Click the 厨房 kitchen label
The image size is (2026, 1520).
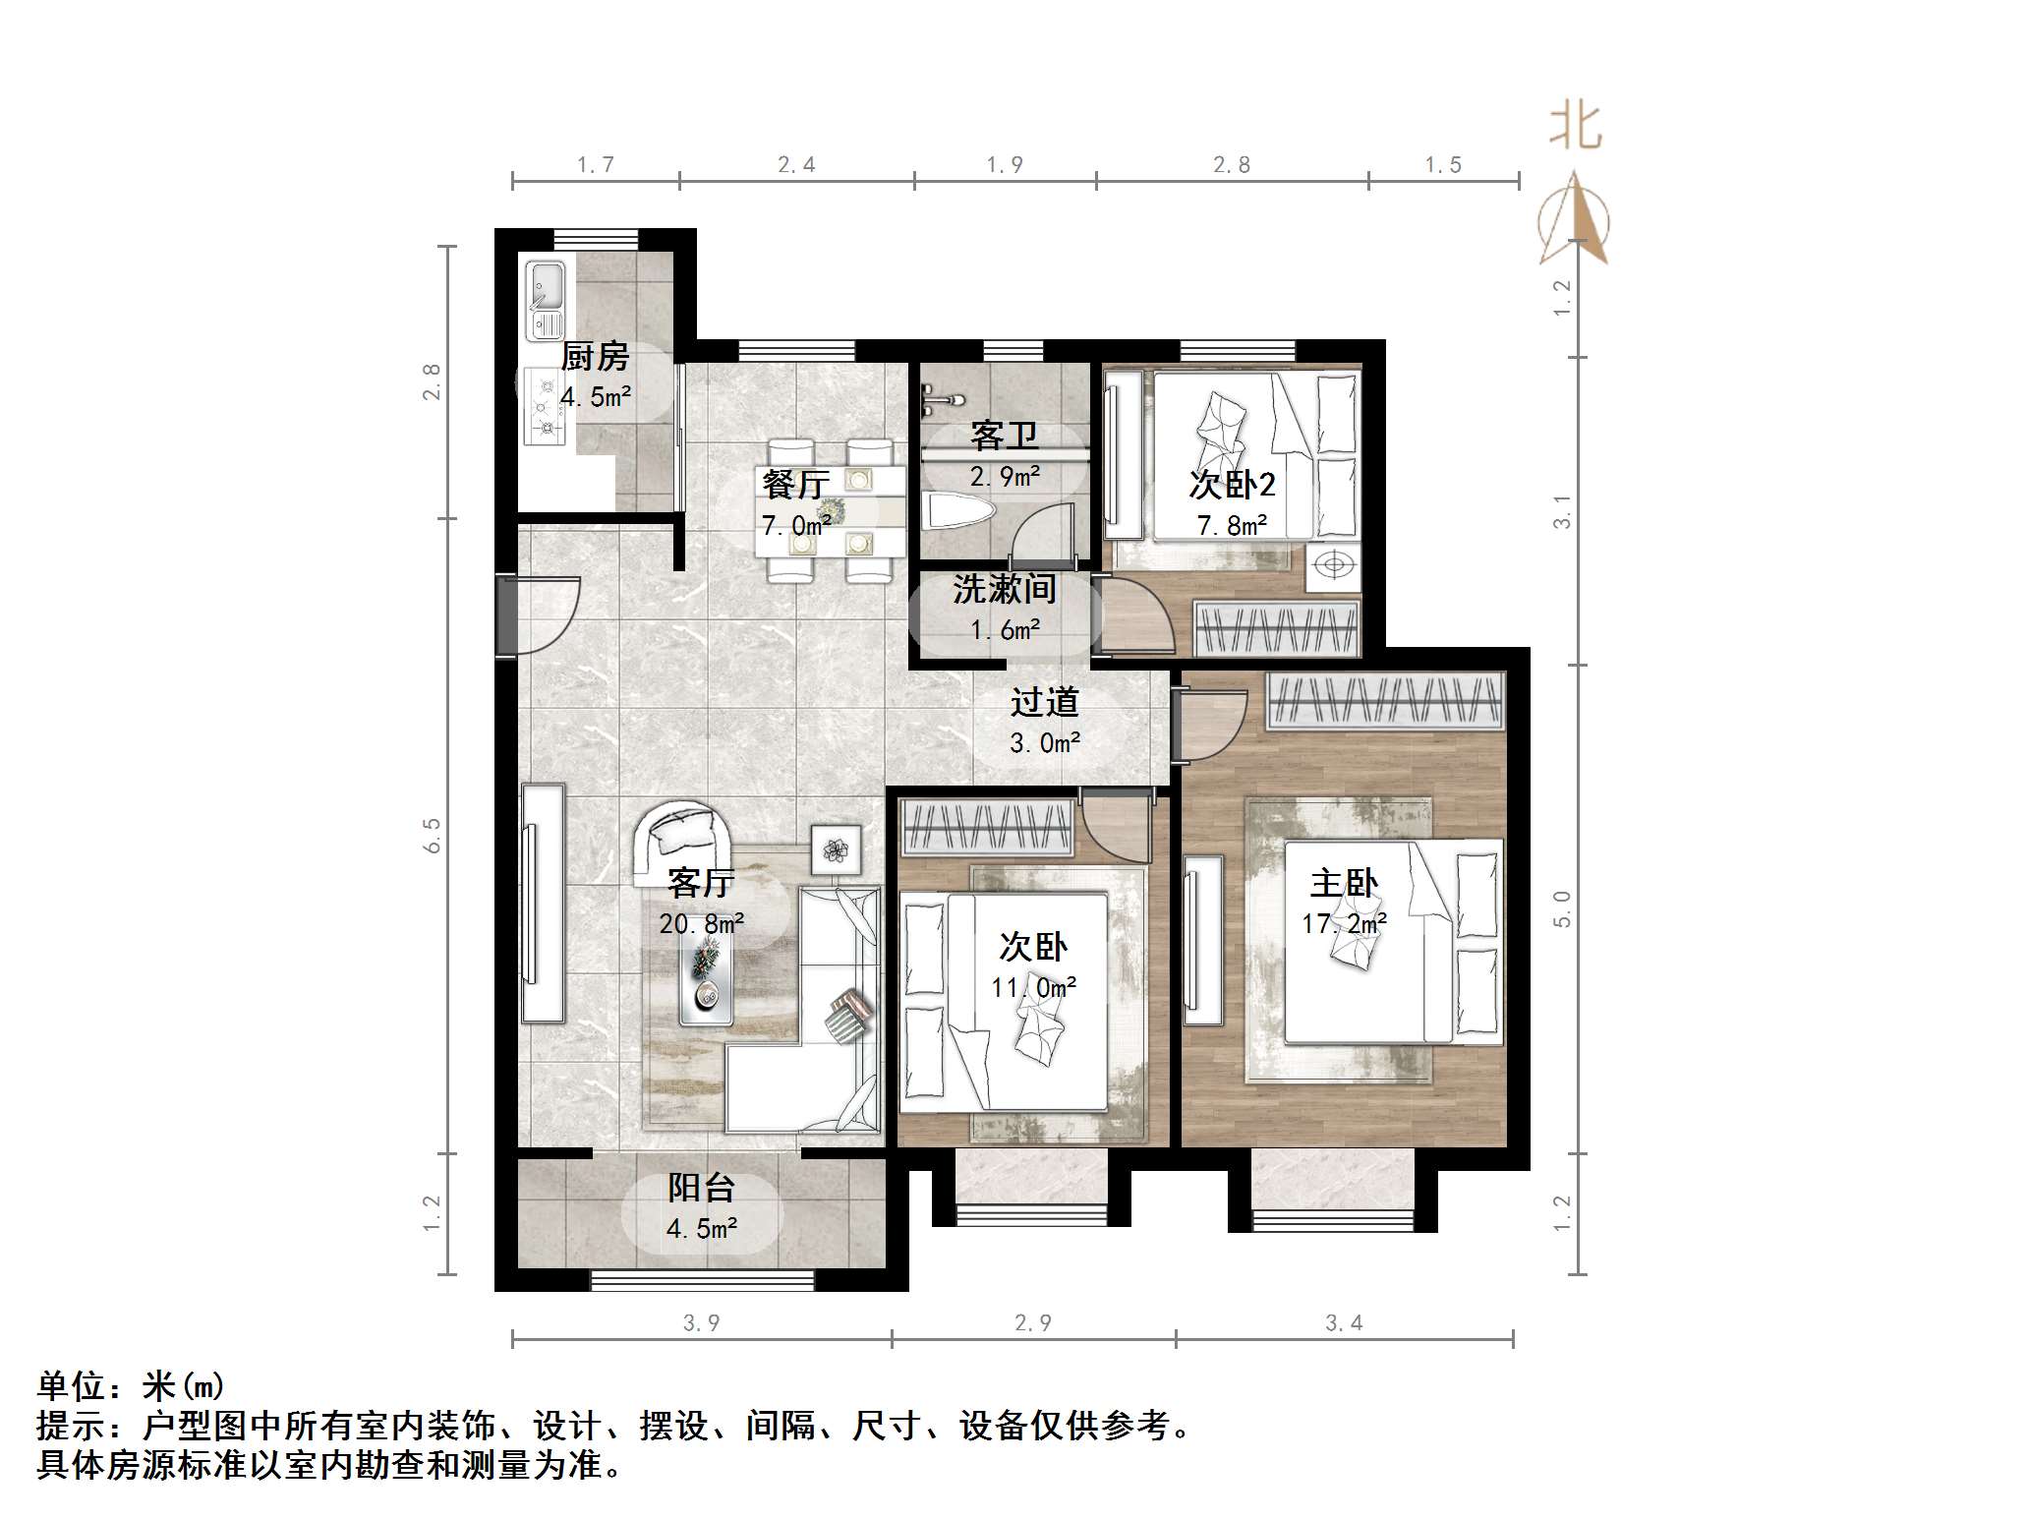[595, 357]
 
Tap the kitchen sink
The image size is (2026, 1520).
[544, 299]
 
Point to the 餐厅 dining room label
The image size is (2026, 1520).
[795, 485]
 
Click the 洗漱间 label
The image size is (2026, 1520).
[1004, 589]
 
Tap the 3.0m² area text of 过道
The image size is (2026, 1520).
[1044, 742]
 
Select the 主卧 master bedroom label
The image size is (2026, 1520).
[1344, 883]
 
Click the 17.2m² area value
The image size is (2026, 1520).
[1344, 923]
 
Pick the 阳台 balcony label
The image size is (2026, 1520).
[701, 1188]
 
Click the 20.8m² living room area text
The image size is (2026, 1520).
[701, 923]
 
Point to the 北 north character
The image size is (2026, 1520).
[1575, 128]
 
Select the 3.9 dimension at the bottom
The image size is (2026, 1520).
[701, 1322]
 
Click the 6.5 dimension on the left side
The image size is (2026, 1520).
[433, 836]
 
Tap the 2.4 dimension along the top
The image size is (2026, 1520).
[796, 165]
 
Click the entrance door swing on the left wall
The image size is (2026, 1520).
[541, 614]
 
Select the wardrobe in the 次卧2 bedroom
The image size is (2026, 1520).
[1276, 626]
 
